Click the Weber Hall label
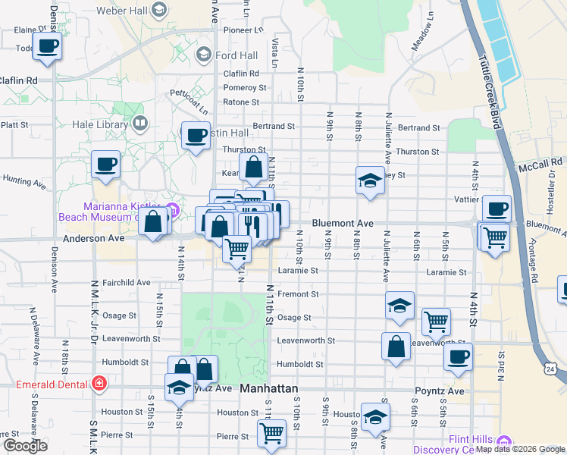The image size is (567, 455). pyautogui.click(x=122, y=11)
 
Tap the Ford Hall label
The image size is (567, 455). pyautogui.click(x=236, y=55)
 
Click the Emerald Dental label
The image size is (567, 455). pyautogui.click(x=52, y=384)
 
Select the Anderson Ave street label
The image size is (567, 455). pyautogui.click(x=94, y=238)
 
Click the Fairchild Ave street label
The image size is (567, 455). pyautogui.click(x=126, y=283)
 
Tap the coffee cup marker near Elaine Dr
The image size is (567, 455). pyautogui.click(x=47, y=46)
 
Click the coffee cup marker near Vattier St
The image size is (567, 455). pyautogui.click(x=497, y=209)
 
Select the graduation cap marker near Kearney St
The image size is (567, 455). pyautogui.click(x=369, y=180)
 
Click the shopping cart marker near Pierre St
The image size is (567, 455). pyautogui.click(x=271, y=434)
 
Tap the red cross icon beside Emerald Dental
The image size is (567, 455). pyautogui.click(x=97, y=384)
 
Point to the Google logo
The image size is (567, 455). pyautogui.click(x=25, y=446)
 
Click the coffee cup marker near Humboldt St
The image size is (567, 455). pyautogui.click(x=458, y=357)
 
